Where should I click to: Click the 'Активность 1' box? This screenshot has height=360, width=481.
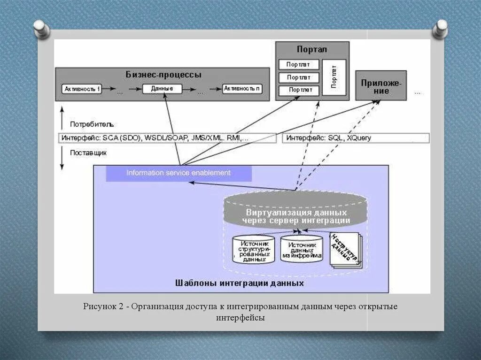(x=83, y=88)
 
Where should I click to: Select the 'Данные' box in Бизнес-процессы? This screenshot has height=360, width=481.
(x=162, y=88)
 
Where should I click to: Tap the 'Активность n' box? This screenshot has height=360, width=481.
(x=242, y=88)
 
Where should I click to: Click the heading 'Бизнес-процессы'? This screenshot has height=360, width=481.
(x=163, y=75)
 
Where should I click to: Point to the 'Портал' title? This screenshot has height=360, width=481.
(x=311, y=49)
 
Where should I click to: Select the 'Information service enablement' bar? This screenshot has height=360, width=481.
(x=178, y=173)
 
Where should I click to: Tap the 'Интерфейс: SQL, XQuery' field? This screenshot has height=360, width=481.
(x=356, y=138)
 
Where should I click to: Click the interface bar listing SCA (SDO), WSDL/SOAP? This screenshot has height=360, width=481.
(x=167, y=138)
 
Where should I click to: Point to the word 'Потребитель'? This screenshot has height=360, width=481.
(x=92, y=124)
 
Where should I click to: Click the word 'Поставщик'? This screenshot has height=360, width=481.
(x=88, y=153)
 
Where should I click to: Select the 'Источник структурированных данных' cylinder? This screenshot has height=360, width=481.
(x=253, y=249)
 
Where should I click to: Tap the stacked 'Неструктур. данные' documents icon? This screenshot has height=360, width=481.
(x=346, y=250)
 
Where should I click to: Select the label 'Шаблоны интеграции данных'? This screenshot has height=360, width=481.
(x=239, y=283)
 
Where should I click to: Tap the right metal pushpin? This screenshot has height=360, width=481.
(x=440, y=28)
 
